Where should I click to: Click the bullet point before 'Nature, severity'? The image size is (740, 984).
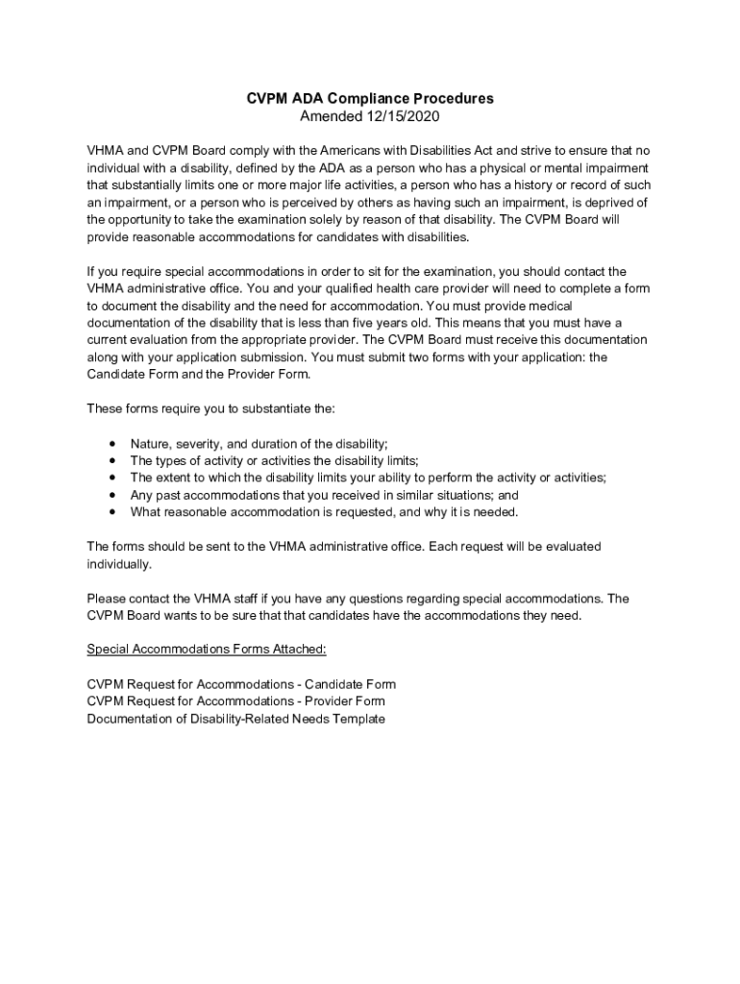113,444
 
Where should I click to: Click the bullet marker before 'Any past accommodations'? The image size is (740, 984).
113,495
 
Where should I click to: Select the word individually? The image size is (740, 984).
119,564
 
